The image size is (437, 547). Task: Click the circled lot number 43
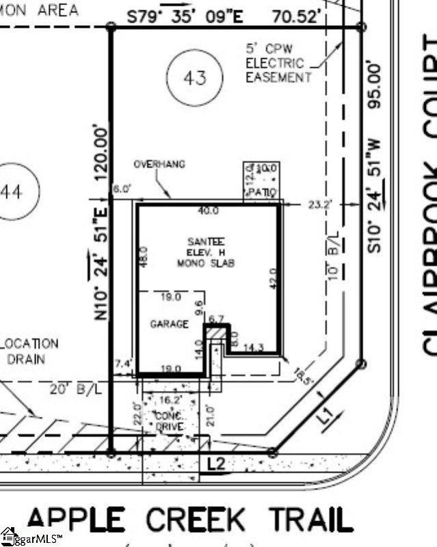[x=195, y=77]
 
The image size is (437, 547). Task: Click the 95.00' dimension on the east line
[x=374, y=86]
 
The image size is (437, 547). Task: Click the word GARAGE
[x=169, y=324]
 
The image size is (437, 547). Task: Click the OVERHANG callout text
[x=159, y=165]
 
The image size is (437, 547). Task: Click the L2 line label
[x=215, y=465]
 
